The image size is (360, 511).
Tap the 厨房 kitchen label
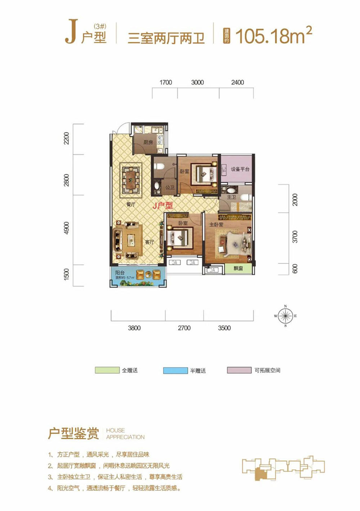coord(148,142)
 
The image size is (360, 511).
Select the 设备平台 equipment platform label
coord(240,169)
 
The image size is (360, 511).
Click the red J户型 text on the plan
coord(163,206)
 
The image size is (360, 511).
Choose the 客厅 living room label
coord(150,242)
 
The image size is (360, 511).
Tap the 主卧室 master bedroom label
coord(216,224)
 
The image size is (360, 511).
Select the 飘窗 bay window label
coord(238,269)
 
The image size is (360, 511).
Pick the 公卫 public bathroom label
coord(170,187)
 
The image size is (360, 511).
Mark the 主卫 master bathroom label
coord(231,197)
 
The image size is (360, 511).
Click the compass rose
coord(285,316)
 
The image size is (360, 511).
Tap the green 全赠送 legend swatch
coord(107,370)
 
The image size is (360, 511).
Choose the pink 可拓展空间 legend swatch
coord(239,370)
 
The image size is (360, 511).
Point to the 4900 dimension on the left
coord(66,228)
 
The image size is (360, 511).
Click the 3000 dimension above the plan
coord(197,82)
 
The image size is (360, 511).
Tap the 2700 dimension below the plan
coord(184,328)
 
